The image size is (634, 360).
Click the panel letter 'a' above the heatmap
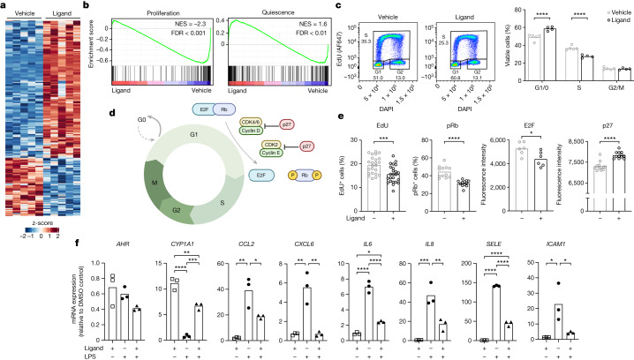[x=5, y=5]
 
